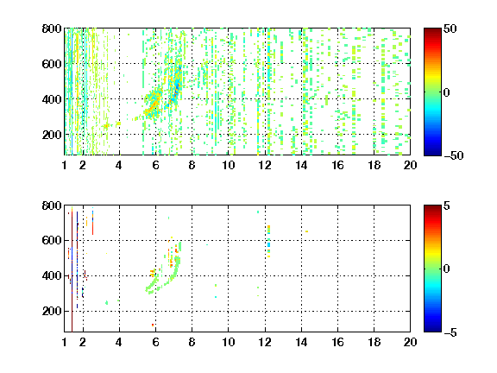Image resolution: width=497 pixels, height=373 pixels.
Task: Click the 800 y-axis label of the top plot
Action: (x=52, y=28)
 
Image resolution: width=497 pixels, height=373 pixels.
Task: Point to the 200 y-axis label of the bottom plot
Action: (x=52, y=311)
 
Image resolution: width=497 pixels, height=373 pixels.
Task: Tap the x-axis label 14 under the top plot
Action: (x=301, y=165)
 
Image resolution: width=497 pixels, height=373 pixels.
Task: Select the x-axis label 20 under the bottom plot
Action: (x=410, y=342)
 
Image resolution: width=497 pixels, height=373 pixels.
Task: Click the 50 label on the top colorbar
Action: (x=450, y=28)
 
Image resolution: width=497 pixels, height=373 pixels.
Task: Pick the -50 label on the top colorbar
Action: (x=454, y=155)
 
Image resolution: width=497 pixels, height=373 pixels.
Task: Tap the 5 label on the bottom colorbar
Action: (x=447, y=205)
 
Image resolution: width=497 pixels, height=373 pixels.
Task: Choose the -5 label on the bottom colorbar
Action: (x=450, y=332)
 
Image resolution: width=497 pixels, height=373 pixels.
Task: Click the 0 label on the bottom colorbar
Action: (x=446, y=269)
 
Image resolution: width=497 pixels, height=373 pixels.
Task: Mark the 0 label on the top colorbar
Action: (x=446, y=92)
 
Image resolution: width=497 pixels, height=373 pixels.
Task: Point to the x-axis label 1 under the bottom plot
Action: (x=65, y=342)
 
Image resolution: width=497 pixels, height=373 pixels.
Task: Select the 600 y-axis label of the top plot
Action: (x=52, y=64)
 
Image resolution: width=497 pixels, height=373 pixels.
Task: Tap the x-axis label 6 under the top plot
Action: (x=155, y=165)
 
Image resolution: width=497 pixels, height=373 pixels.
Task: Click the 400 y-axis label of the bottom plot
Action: (x=52, y=275)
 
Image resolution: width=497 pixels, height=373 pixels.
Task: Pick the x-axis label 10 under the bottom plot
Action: (x=228, y=342)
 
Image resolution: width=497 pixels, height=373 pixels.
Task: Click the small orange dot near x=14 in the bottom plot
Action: (x=306, y=231)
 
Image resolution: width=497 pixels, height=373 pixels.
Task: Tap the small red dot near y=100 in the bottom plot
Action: (x=153, y=325)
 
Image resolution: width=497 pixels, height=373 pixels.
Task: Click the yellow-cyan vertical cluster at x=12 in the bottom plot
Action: (x=269, y=241)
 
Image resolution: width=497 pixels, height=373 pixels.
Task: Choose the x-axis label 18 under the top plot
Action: (x=374, y=165)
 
